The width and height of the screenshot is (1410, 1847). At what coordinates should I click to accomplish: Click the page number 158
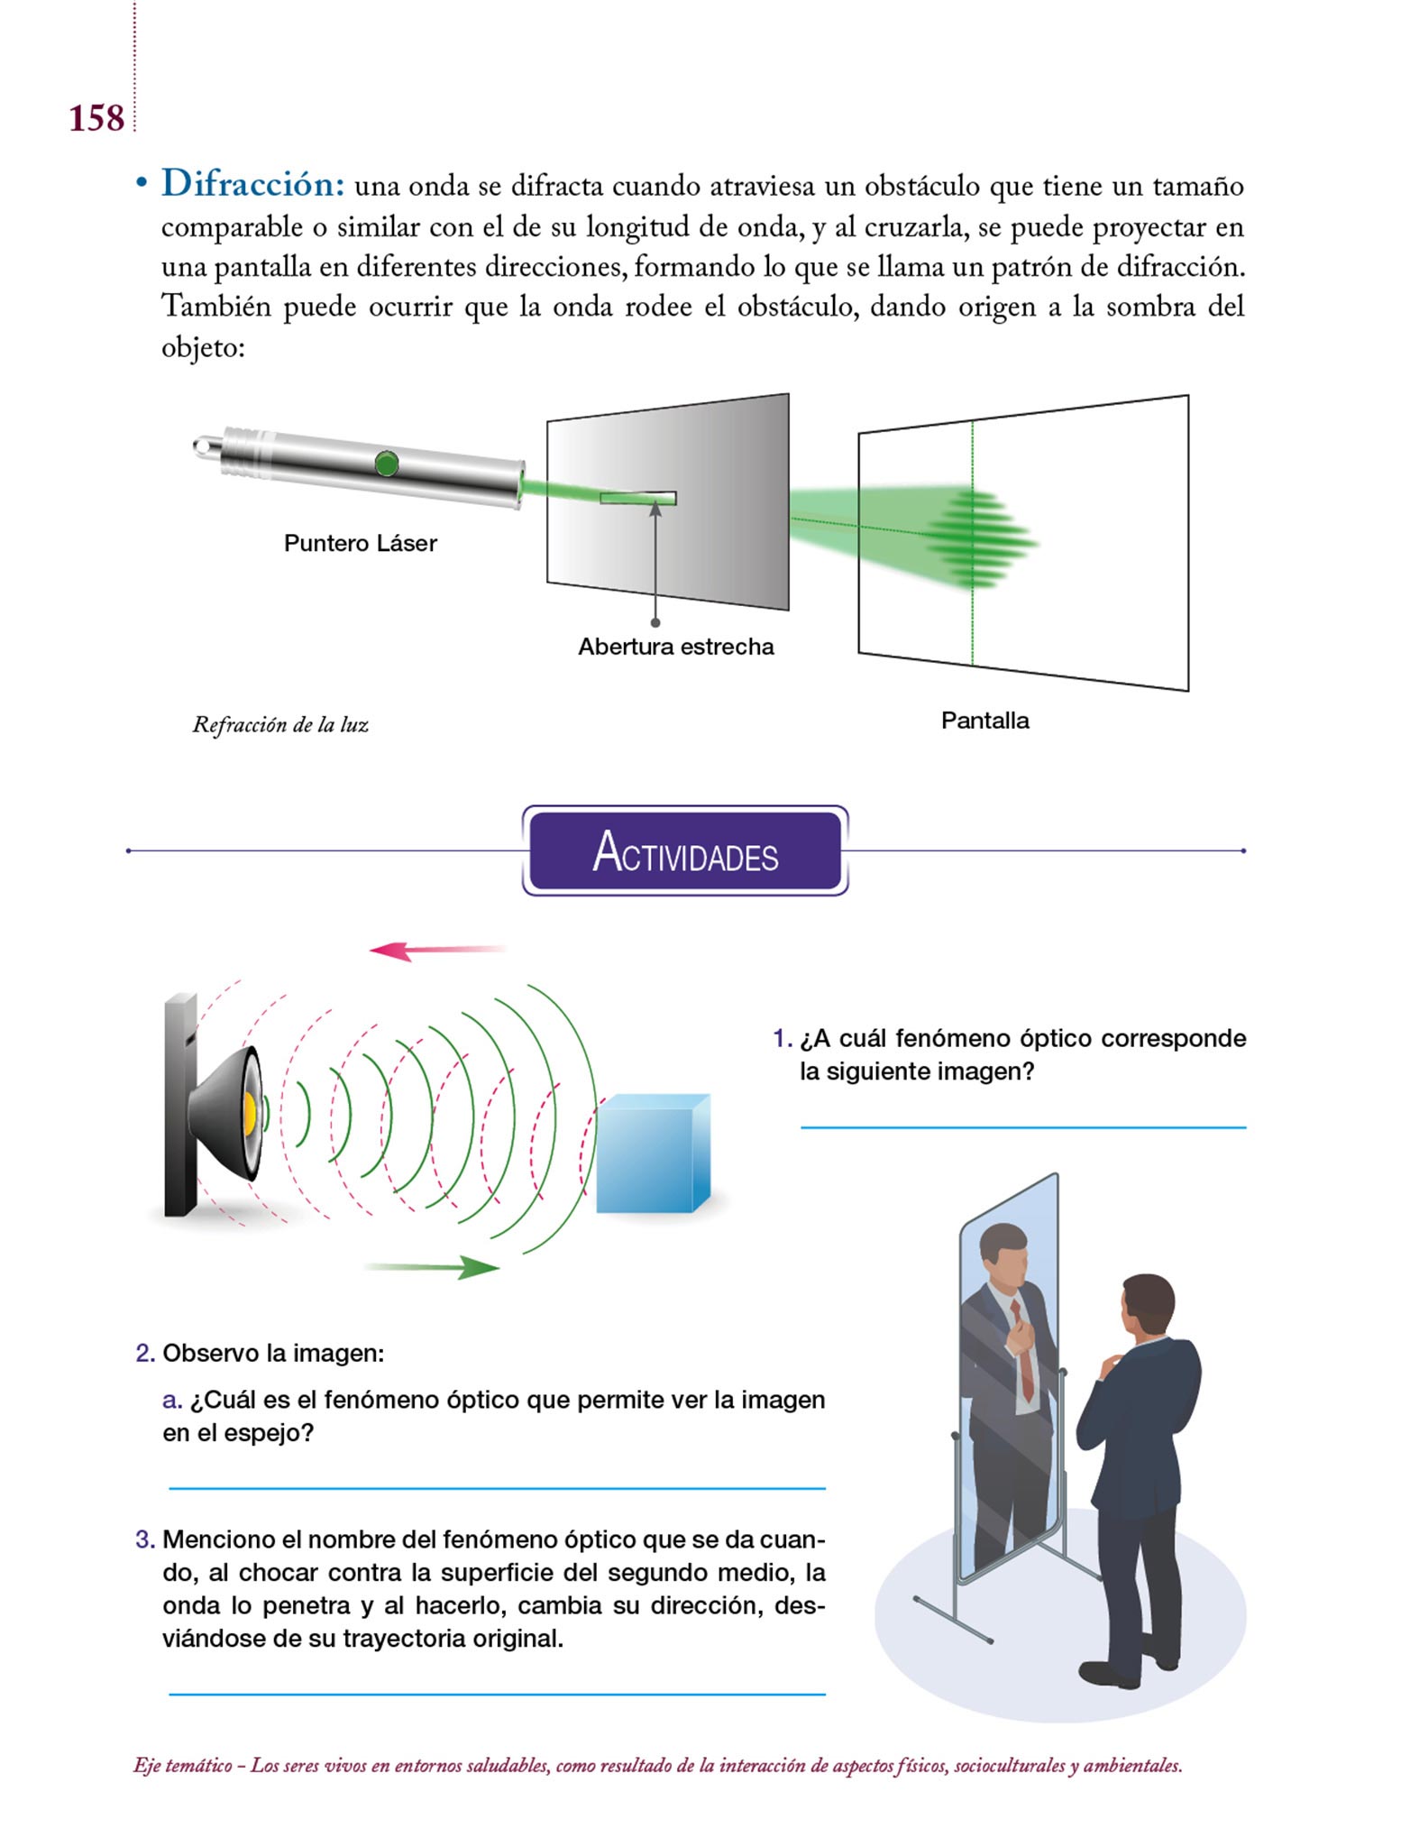point(96,119)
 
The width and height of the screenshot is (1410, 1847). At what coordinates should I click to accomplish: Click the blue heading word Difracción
point(252,184)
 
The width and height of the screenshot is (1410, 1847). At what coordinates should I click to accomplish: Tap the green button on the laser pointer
point(386,464)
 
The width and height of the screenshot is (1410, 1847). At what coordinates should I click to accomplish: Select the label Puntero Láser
point(361,543)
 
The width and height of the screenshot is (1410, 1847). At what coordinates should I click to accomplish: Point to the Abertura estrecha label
point(676,647)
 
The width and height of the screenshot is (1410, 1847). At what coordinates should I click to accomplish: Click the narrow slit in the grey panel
point(638,498)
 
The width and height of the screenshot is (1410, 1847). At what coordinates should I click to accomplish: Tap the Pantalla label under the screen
point(984,721)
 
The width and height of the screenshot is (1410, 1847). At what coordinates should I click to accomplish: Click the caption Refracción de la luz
point(280,725)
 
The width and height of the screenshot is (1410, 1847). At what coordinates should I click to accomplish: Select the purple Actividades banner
point(685,850)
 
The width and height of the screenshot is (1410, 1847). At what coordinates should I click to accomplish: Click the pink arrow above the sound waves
point(438,950)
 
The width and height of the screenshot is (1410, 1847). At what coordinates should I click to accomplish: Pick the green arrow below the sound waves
point(431,1267)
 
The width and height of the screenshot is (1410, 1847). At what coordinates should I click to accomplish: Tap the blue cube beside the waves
point(653,1153)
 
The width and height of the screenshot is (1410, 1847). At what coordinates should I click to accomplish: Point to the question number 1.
point(782,1038)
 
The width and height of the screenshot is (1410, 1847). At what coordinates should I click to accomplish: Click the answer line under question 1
point(1023,1127)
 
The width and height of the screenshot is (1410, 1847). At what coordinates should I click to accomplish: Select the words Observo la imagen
point(272,1353)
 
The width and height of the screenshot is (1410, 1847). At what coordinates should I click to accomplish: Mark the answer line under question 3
point(497,1695)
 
